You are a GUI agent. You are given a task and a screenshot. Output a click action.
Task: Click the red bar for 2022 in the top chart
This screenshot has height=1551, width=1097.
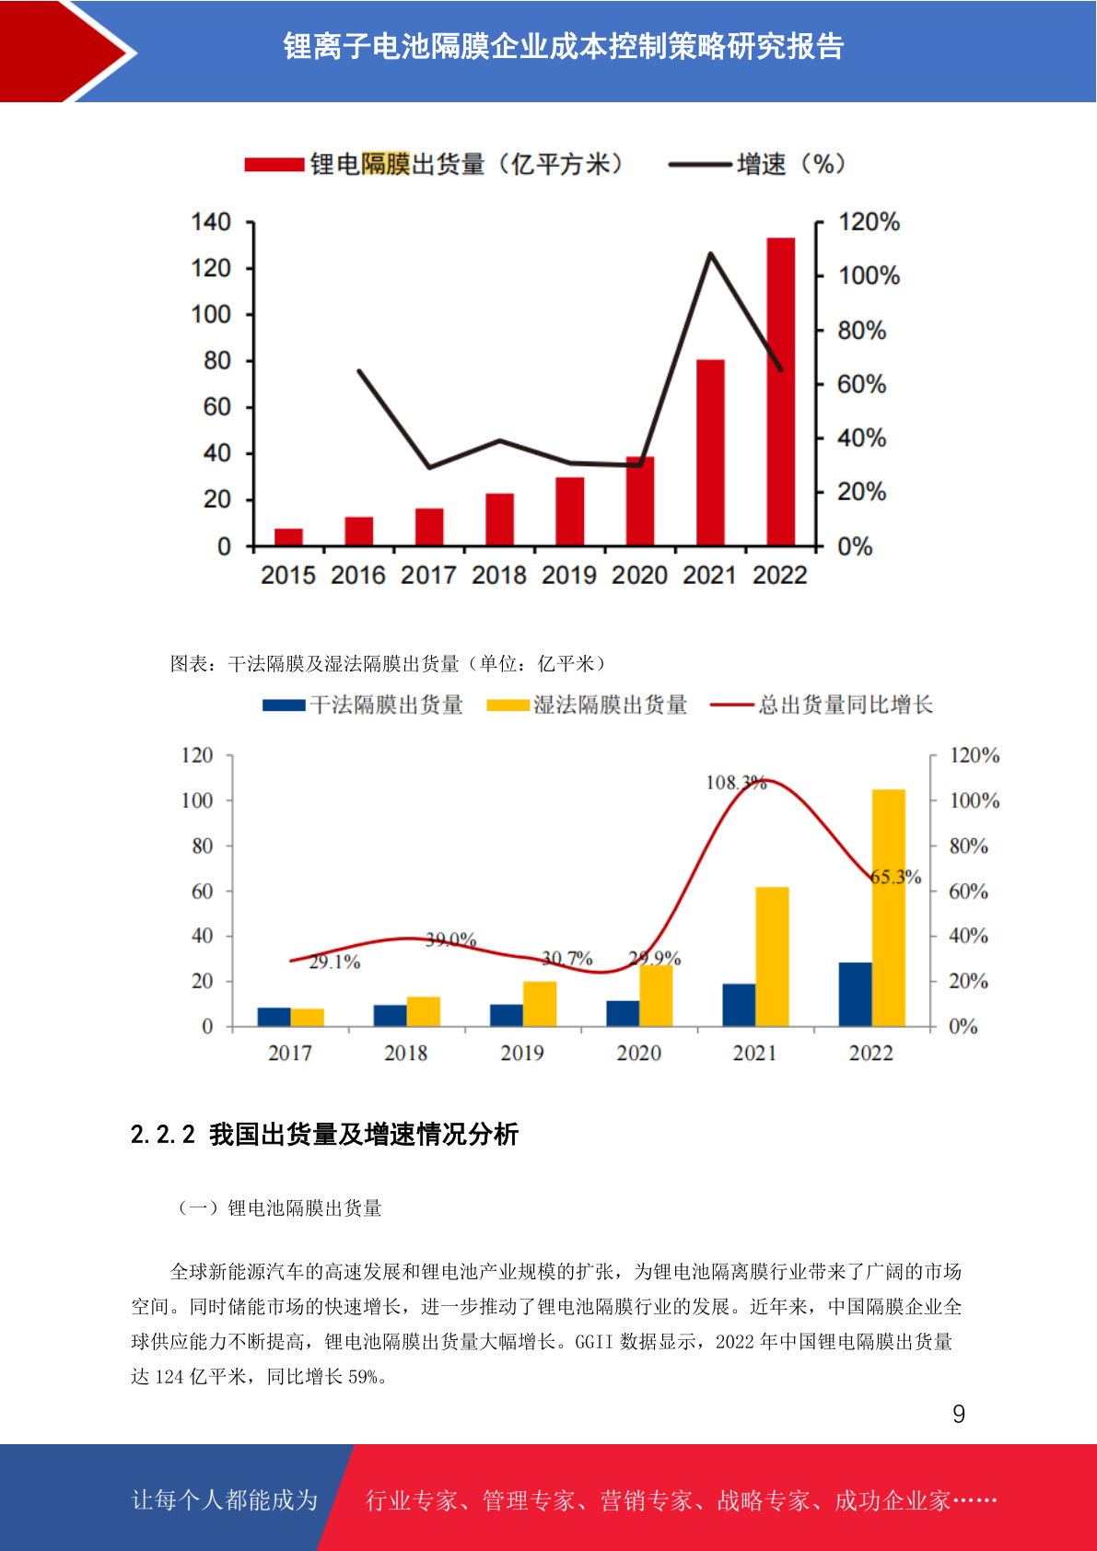click(x=780, y=391)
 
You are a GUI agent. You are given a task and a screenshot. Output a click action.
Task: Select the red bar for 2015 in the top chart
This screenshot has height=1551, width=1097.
click(x=288, y=537)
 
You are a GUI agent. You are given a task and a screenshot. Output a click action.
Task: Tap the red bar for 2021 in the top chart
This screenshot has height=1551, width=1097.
click(x=710, y=452)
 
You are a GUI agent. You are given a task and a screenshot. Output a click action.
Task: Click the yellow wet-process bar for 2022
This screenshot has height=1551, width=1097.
click(x=889, y=907)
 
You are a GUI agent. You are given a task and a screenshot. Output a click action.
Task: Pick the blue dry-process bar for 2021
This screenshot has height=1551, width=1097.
click(x=739, y=1005)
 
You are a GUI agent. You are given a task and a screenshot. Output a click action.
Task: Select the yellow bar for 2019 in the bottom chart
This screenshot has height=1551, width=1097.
click(x=540, y=1004)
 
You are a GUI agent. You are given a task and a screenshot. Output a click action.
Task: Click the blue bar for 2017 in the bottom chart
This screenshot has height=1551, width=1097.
click(x=274, y=1017)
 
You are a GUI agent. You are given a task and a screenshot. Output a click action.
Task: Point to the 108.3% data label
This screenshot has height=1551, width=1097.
click(x=736, y=783)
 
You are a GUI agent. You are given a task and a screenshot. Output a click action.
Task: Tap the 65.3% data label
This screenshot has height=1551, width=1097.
click(x=895, y=877)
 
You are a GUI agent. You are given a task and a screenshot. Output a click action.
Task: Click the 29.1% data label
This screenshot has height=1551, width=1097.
click(x=334, y=962)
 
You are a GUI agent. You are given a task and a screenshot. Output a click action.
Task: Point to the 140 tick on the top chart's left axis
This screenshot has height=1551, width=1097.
click(x=211, y=222)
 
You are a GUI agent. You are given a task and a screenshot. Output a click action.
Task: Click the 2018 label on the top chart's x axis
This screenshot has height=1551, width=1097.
click(x=498, y=576)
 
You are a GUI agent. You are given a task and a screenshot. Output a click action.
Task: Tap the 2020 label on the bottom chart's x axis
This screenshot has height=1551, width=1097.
click(x=638, y=1053)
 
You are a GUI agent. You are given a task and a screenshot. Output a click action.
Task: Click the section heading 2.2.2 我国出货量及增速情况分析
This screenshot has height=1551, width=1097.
click(x=324, y=1134)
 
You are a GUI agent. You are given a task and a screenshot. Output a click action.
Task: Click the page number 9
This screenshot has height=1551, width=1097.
click(x=959, y=1415)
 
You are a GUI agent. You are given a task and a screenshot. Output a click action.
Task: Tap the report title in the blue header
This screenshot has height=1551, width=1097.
click(x=563, y=47)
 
